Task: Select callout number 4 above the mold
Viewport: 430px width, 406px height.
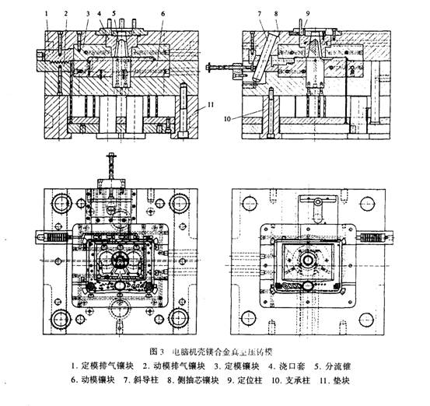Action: pyautogui.click(x=100, y=13)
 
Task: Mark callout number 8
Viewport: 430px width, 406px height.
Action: pyautogui.click(x=275, y=13)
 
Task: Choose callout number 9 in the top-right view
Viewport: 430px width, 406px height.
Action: pyautogui.click(x=308, y=13)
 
